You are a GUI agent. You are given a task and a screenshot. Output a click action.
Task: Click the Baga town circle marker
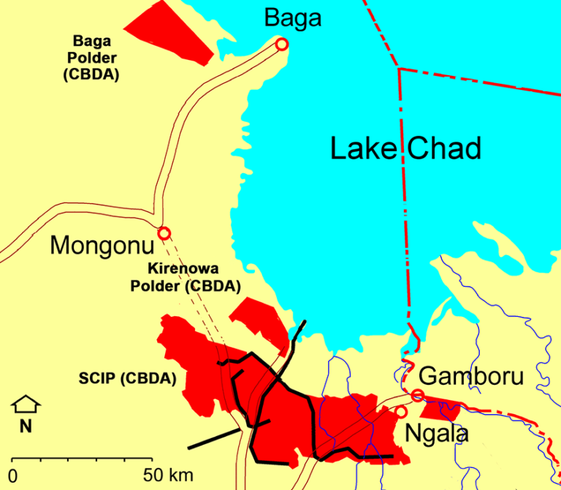pyautogui.click(x=282, y=45)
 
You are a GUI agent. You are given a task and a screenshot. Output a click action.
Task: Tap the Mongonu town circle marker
pyautogui.click(x=164, y=233)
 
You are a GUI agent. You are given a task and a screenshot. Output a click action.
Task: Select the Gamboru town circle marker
pyautogui.click(x=417, y=396)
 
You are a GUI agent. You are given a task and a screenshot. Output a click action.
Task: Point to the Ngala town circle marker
pyautogui.click(x=400, y=412)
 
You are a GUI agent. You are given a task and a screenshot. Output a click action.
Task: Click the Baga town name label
pyautogui.click(x=292, y=18)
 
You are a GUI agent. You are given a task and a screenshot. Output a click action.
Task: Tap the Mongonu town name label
pyautogui.click(x=102, y=245)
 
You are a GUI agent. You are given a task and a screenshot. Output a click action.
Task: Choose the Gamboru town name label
pyautogui.click(x=471, y=377)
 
